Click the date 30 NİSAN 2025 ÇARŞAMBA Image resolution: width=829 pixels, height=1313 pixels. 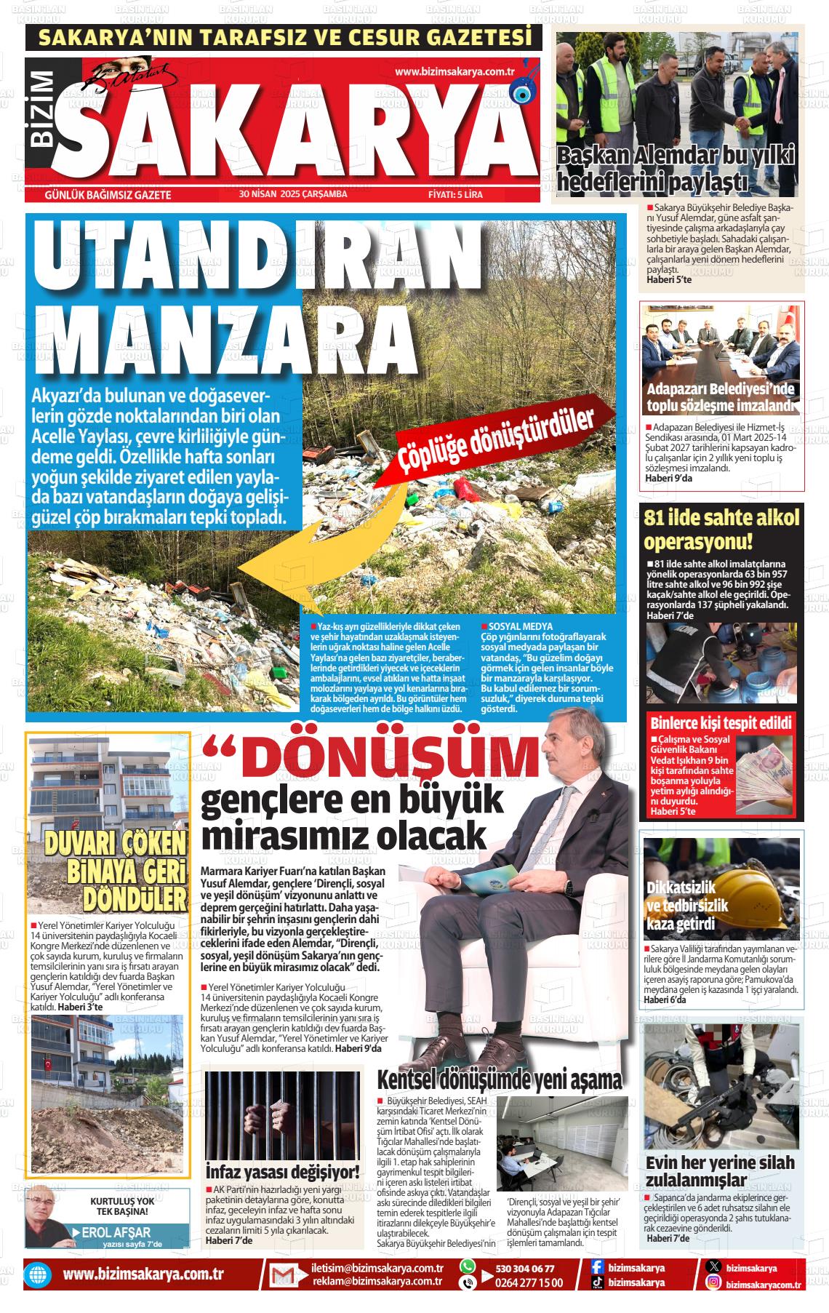[292, 194]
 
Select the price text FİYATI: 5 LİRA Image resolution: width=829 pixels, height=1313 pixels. [455, 195]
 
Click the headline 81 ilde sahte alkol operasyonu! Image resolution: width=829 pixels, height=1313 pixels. [721, 530]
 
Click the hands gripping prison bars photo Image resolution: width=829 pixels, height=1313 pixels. [282, 1120]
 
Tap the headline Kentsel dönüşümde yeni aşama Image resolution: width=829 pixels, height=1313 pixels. [500, 1079]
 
